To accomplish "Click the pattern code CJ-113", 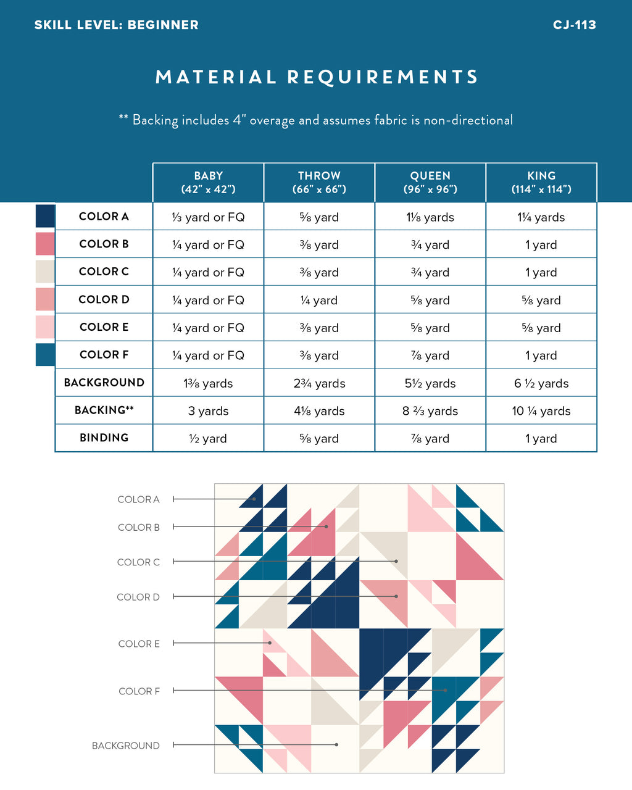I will (x=574, y=25).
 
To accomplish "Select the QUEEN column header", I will (x=430, y=182).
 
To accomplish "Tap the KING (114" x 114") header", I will (x=541, y=182).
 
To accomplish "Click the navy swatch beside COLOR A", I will (x=45, y=216).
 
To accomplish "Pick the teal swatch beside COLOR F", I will (x=45, y=355).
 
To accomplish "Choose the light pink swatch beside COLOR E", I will (x=45, y=327).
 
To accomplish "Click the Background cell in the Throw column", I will (x=319, y=383).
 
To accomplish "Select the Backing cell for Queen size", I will (x=430, y=411).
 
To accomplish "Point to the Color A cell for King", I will (x=541, y=217).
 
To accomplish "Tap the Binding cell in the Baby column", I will (x=208, y=439).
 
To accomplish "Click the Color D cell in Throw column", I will (x=319, y=301).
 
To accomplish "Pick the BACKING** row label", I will (x=104, y=410).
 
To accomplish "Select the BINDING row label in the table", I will (x=104, y=438).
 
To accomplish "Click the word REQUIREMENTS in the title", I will (x=383, y=77).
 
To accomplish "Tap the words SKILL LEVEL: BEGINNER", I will (x=117, y=25).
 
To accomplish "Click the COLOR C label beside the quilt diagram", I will (x=138, y=562).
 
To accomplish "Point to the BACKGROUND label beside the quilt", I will (x=125, y=746).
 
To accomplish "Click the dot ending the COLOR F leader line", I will (x=445, y=691).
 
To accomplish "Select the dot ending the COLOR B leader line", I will (x=326, y=526).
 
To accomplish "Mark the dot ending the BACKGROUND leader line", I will (x=336, y=745).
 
